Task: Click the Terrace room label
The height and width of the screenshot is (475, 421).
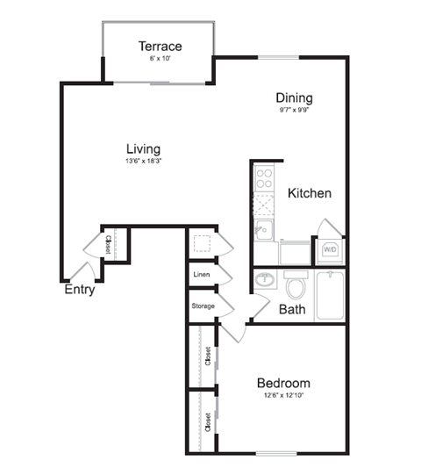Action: tap(160, 47)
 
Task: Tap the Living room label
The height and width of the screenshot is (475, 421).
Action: tap(143, 148)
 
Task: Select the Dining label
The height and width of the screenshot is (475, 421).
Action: tap(294, 98)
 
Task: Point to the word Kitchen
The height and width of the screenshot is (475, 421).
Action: tap(309, 193)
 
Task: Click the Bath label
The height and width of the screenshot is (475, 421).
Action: tap(291, 309)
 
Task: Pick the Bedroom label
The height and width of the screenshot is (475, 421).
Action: tap(283, 384)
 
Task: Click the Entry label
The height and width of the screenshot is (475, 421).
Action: tap(79, 290)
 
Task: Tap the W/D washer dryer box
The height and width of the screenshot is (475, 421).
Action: tap(330, 250)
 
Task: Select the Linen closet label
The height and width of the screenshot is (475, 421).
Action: tap(200, 275)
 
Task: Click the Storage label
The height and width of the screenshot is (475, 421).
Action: tap(203, 306)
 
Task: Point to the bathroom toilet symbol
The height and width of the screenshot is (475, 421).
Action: tap(296, 285)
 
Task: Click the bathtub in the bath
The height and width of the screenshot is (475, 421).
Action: tap(330, 295)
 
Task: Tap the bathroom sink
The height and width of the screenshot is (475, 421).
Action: tap(265, 282)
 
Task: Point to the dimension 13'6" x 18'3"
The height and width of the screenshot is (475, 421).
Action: tap(143, 162)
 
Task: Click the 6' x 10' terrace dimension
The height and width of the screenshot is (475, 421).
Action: tap(160, 60)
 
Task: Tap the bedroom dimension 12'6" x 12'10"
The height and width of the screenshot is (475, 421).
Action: tap(283, 396)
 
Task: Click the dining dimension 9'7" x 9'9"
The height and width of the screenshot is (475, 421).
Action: tap(294, 111)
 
